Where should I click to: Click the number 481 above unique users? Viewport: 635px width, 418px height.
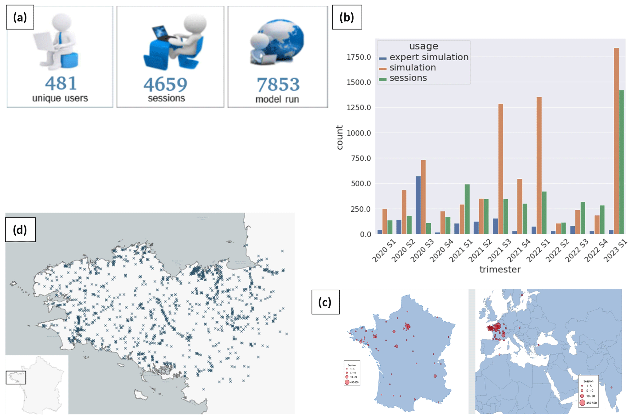[x=61, y=83]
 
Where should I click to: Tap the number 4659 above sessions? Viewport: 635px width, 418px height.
[x=165, y=85]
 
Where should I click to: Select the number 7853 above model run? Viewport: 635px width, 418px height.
[x=278, y=85]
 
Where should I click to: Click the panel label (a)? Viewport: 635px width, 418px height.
[x=20, y=18]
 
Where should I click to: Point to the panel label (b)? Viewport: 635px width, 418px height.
[x=347, y=18]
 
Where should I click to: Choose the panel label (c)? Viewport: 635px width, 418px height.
[x=325, y=302]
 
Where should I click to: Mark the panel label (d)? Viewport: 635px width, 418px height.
[x=20, y=230]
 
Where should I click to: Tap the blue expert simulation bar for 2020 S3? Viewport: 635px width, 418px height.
[x=418, y=205]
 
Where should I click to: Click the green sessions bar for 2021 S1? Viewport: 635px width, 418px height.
[x=467, y=209]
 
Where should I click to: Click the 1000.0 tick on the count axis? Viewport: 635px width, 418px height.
[x=359, y=133]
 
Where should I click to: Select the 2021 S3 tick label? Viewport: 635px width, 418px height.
[x=499, y=251]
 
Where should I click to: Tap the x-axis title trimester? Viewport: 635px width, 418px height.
[x=500, y=269]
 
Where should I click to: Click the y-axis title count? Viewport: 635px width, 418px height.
[x=339, y=137]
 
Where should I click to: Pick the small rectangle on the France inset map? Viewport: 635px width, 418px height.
[x=16, y=377]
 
